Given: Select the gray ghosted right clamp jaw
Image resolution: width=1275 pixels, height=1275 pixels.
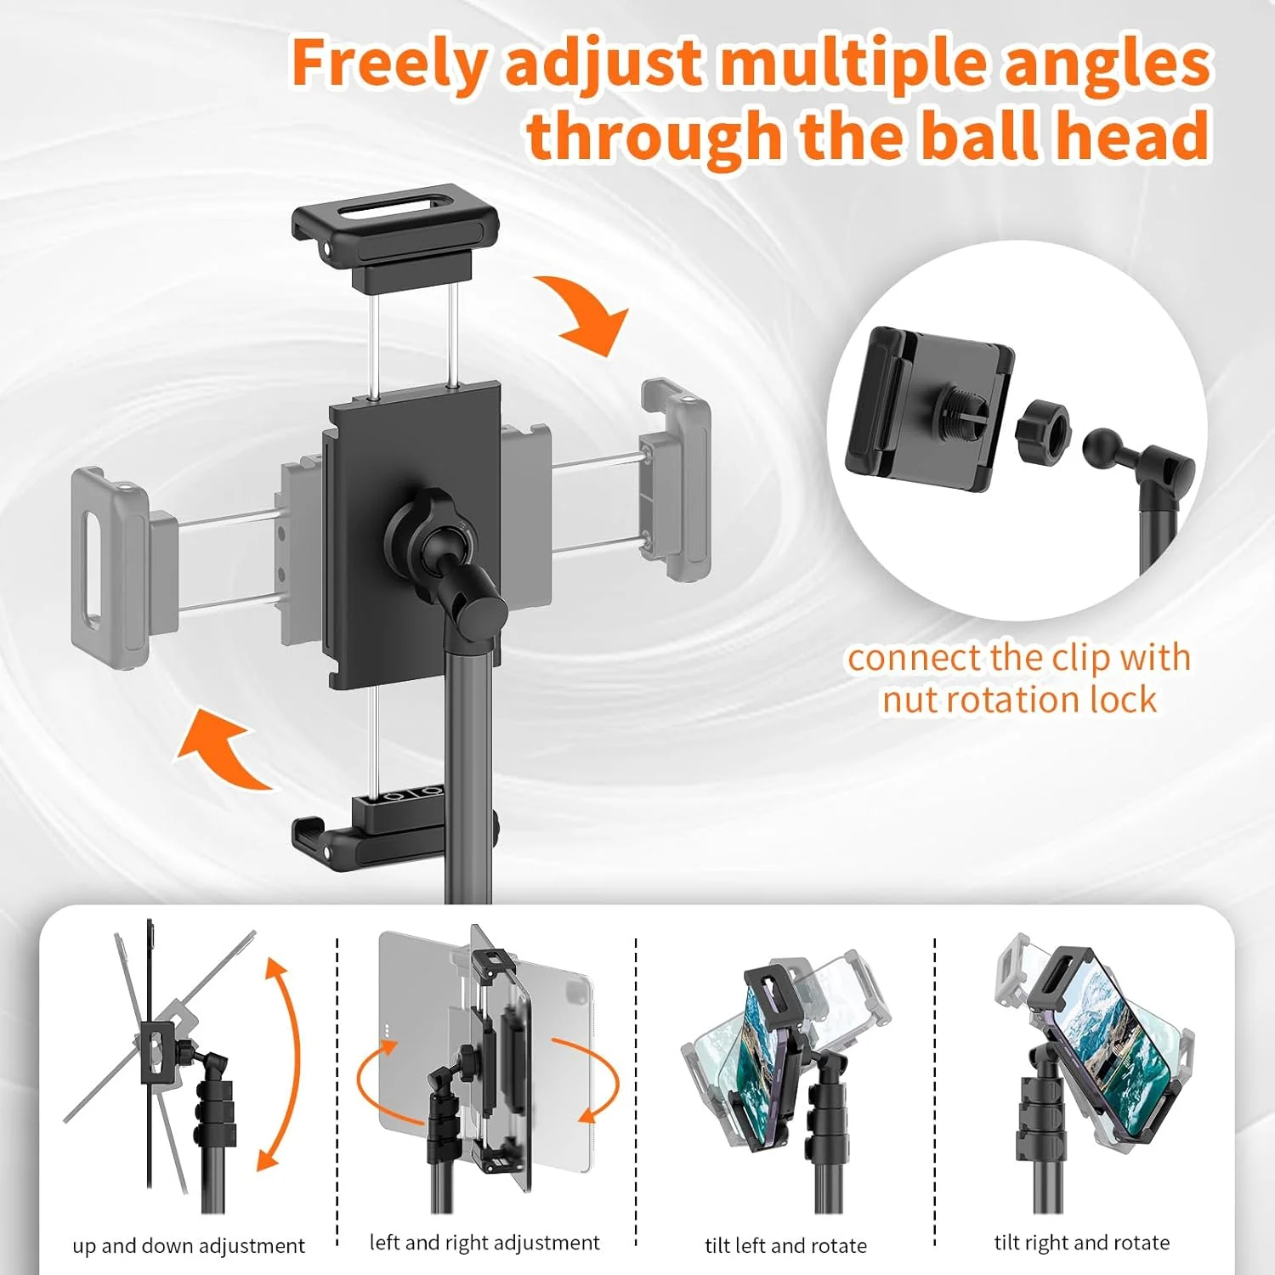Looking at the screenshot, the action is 676,480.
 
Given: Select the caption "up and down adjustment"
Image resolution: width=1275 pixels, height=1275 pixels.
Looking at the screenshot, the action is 189,1245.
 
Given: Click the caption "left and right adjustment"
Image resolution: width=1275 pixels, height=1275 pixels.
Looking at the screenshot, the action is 484,1243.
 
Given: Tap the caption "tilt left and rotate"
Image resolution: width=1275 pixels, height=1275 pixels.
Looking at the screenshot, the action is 786,1245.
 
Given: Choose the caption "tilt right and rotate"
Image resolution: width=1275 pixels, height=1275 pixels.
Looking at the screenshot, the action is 1082,1243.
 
